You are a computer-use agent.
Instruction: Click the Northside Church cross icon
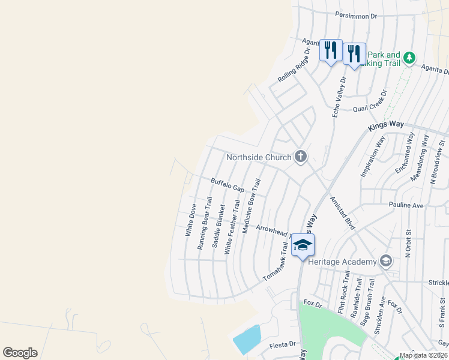coord(301,157)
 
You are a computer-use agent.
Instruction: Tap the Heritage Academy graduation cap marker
coord(385,261)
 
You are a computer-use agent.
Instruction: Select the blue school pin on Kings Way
coord(303,245)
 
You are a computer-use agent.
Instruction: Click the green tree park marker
coord(409,58)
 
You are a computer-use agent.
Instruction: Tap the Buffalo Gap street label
coord(228,185)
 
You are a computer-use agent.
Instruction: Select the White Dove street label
coord(191,220)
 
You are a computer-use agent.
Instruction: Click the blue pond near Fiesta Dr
coord(247,340)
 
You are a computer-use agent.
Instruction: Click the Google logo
coord(20,353)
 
